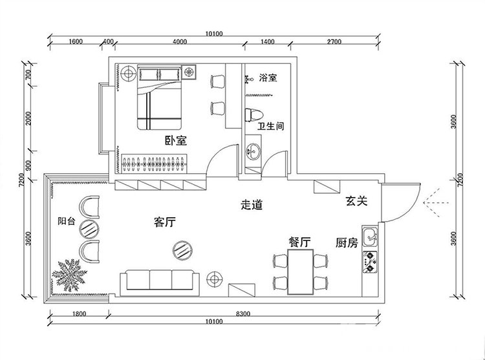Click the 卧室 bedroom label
click(x=175, y=141)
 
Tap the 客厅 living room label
click(x=164, y=222)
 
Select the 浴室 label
click(x=268, y=78)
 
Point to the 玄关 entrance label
click(x=356, y=201)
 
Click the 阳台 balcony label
click(x=67, y=221)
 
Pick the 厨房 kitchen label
click(x=347, y=243)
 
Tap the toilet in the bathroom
click(x=254, y=115)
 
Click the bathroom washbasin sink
click(x=253, y=152)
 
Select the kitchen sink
click(x=371, y=237)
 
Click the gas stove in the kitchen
click(x=371, y=262)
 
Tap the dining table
click(x=301, y=272)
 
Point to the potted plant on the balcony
click(x=69, y=275)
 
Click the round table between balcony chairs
click(x=89, y=229)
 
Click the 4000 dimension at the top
click(x=180, y=42)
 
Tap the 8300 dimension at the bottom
click(x=242, y=314)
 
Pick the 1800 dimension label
click(x=79, y=314)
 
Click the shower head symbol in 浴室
click(x=248, y=79)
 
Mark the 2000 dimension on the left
click(x=28, y=118)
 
